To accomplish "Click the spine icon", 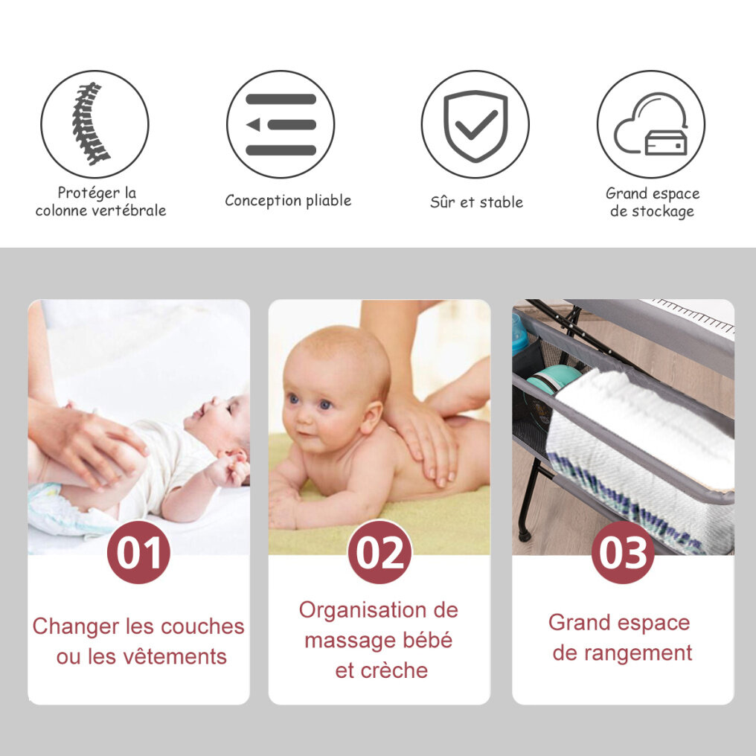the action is pos(90,124).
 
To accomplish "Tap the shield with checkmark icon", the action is pos(475,125).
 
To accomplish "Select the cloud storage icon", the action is pos(651,124).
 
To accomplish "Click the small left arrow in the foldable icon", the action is pos(253,125).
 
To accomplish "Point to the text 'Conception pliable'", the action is pos(288,201).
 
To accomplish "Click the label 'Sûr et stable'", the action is pos(476,202).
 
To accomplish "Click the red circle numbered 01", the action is pos(138,553).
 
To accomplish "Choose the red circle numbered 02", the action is pos(379,553).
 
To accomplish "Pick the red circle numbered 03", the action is pos(623,553).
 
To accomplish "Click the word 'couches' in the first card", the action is pos(202,627).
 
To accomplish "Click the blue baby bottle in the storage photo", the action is pos(519,334).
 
